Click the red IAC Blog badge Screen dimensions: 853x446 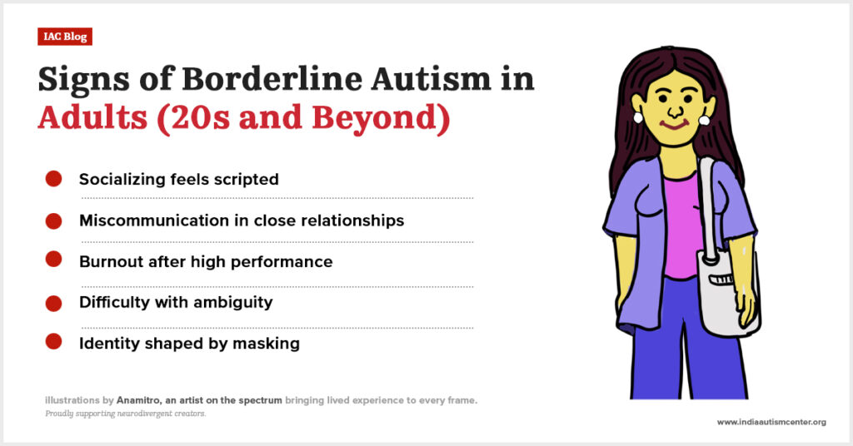coord(65,37)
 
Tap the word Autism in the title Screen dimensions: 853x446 coord(431,79)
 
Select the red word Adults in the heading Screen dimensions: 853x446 coord(92,116)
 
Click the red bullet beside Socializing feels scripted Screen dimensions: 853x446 coord(53,179)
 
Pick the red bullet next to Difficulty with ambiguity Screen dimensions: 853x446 coord(53,303)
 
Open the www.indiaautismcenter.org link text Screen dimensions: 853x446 coord(771,422)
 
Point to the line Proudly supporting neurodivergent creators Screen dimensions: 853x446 coord(126,414)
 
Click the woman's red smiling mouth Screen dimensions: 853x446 coord(675,125)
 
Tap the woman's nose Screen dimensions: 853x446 coord(675,111)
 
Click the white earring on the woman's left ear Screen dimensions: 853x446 coord(703,120)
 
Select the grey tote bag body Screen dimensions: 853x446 coord(729,296)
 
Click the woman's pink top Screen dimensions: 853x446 coord(682,225)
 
